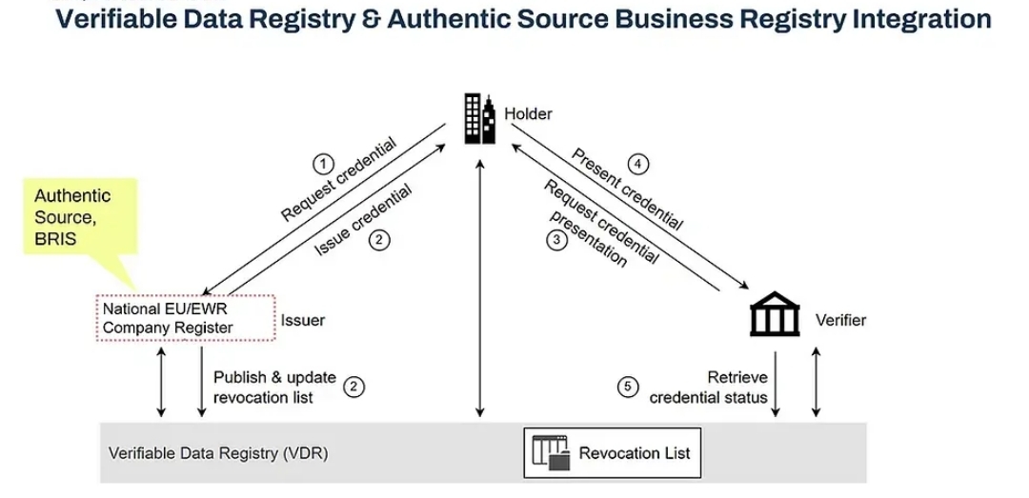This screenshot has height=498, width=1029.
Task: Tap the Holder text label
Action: point(528,114)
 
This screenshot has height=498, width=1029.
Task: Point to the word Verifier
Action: point(841,320)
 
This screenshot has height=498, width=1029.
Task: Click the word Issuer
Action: point(302,320)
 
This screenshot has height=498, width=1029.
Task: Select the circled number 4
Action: point(637,164)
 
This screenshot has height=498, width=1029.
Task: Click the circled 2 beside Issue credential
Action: point(378,240)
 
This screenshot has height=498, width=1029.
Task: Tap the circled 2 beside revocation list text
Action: point(353,387)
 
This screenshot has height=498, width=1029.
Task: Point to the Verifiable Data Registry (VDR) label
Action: point(218,453)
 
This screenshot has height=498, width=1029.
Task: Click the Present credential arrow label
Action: point(628,189)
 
